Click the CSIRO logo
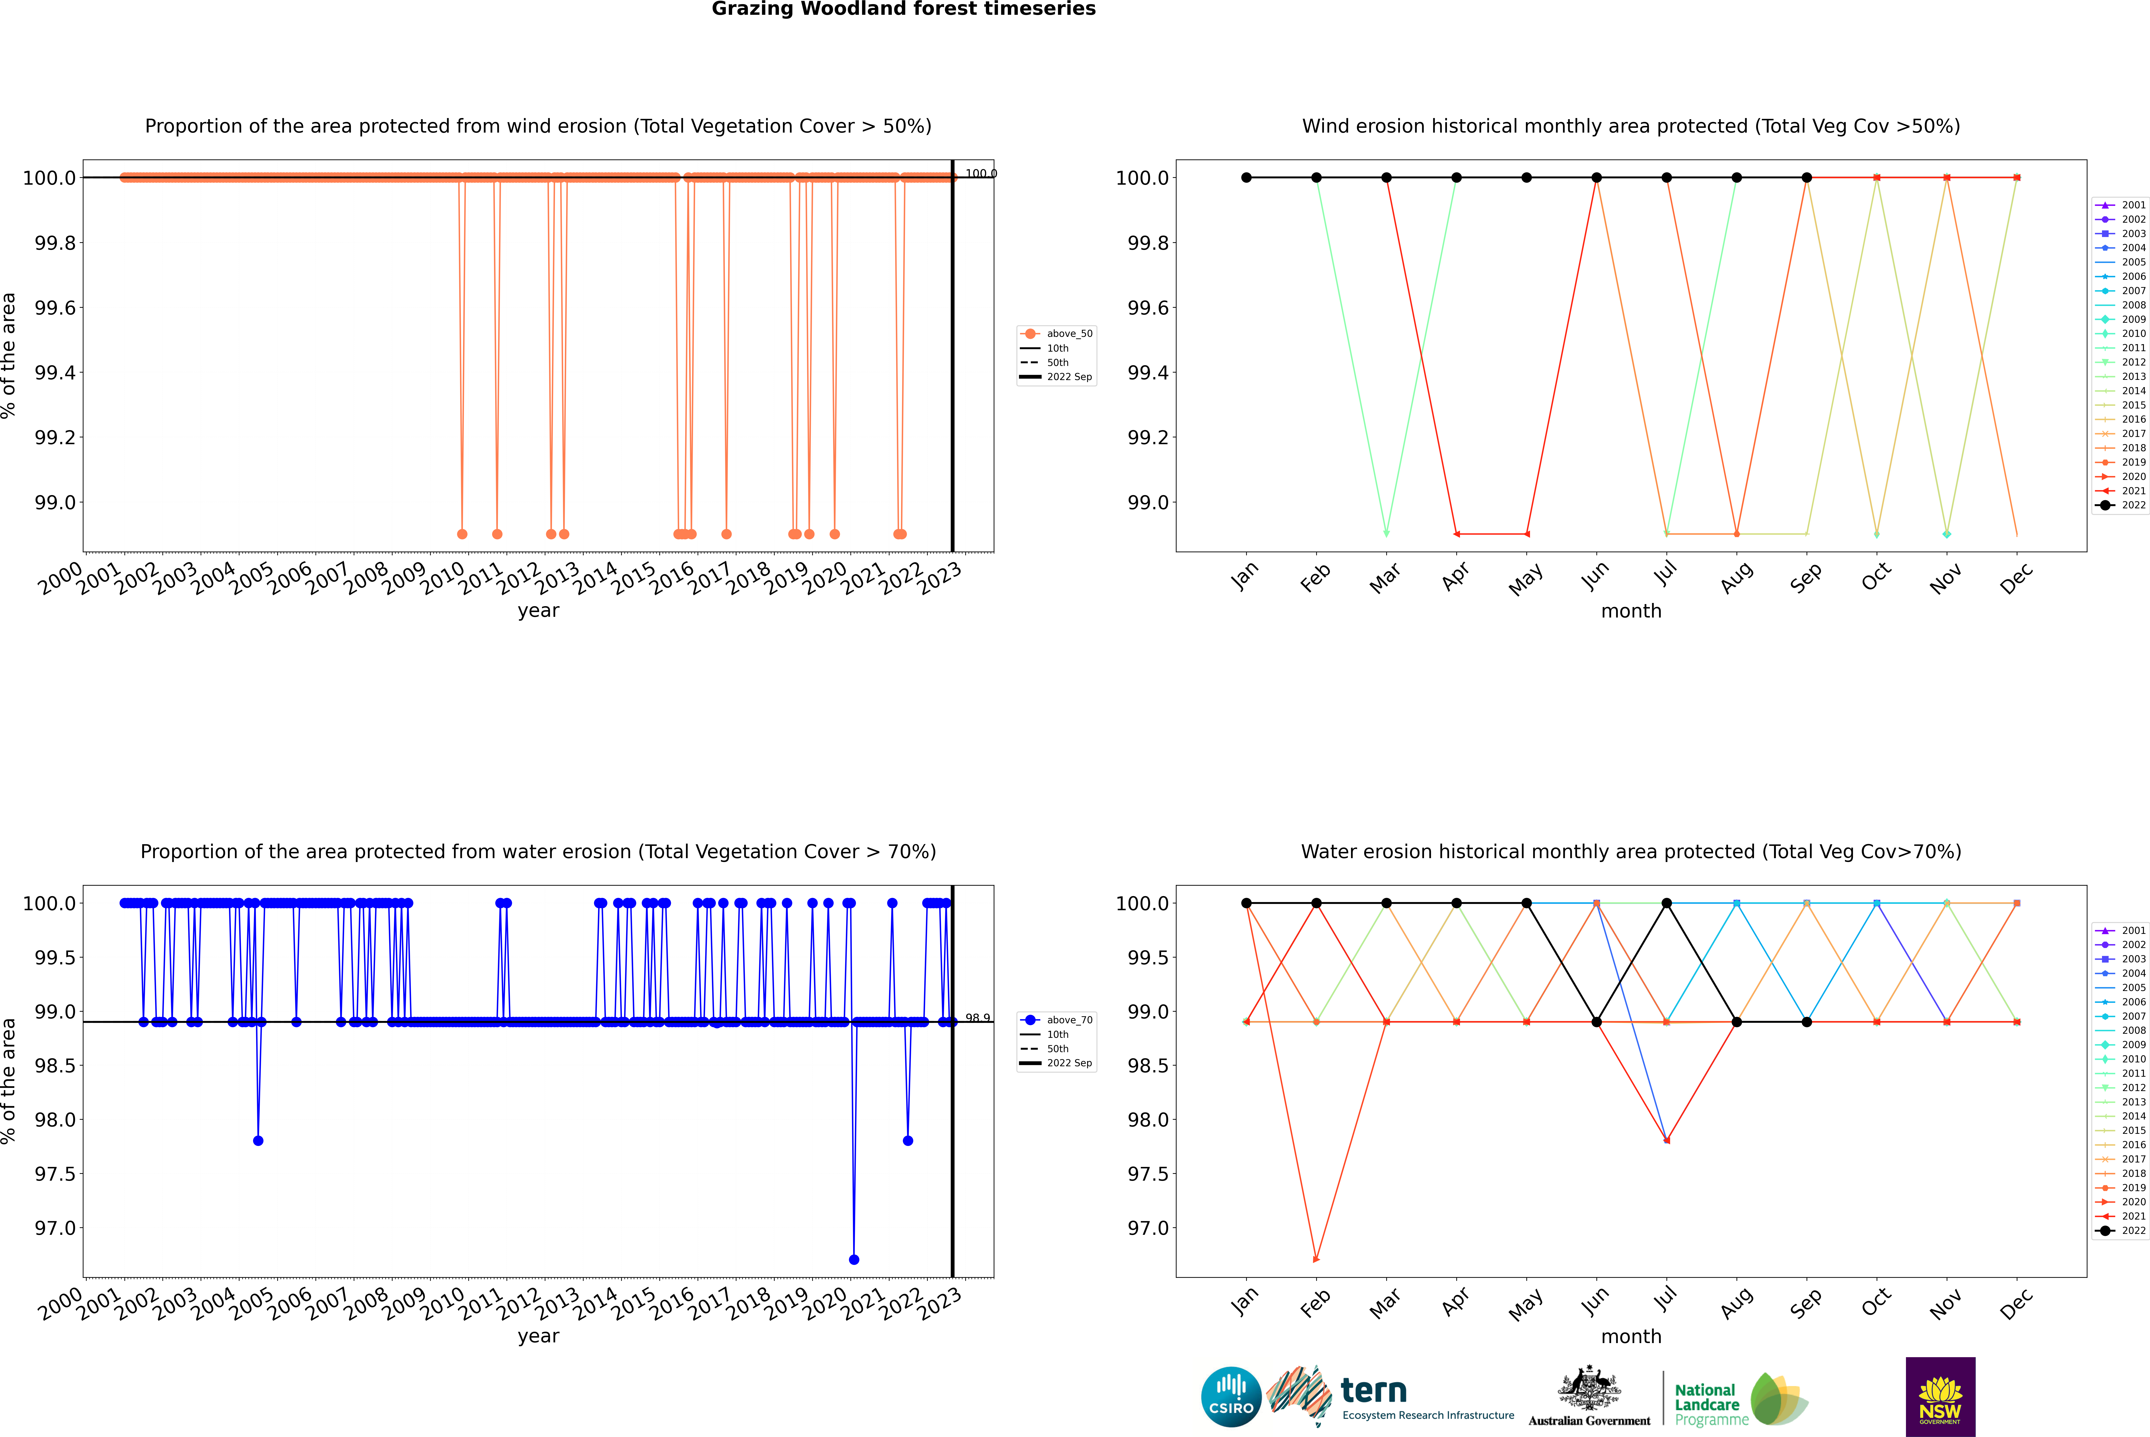(x=1231, y=1397)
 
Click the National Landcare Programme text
(x=1706, y=1404)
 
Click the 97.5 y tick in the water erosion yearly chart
(x=55, y=1174)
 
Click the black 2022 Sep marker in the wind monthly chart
(x=1806, y=178)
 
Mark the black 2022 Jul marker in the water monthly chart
(x=1666, y=904)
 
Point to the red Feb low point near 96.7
(x=1316, y=1259)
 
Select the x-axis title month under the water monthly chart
(x=1630, y=1336)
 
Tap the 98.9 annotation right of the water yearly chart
(x=977, y=1018)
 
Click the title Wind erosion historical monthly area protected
(x=1630, y=126)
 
